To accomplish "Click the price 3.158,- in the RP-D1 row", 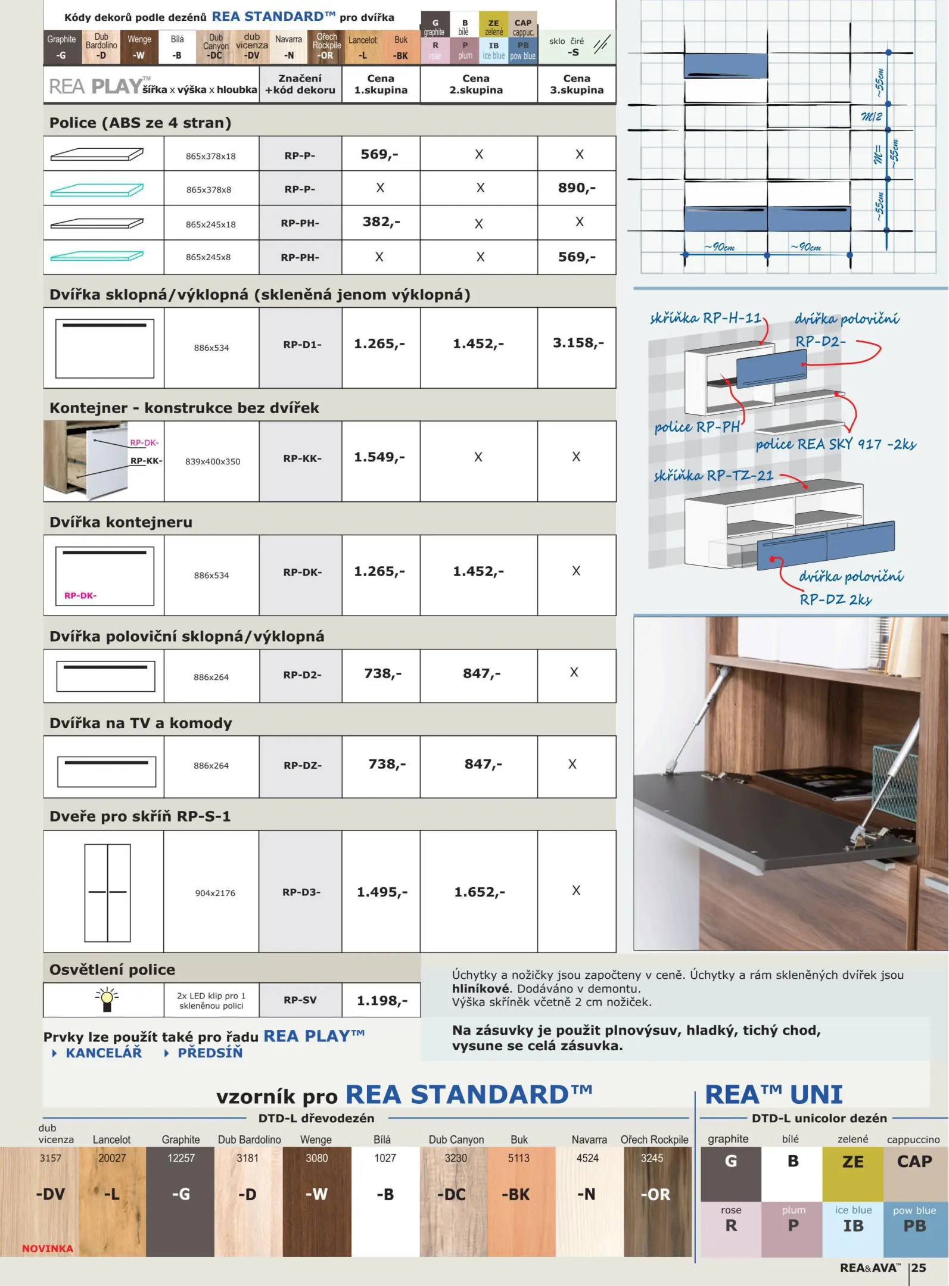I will pos(577,344).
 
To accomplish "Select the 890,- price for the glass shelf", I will pos(576,188).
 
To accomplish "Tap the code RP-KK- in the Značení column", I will pos(302,458).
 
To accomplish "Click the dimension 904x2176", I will pos(214,893).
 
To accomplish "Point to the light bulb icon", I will pos(107,1000).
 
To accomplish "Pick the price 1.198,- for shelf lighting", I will pos(382,1001).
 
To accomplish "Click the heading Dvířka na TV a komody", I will pos(141,723).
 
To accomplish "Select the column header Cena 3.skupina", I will pos(576,85).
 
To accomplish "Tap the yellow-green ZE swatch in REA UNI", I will pos(852,1173).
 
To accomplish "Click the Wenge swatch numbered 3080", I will pos(316,1197).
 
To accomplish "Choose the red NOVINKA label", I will pos(48,1248).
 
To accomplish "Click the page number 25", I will pos(919,1268).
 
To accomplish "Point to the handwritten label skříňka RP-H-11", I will pos(705,319).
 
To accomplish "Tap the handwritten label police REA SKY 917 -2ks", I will pos(835,445).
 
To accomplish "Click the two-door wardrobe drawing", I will pos(107,892).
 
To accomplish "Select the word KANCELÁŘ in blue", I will pos(104,1053).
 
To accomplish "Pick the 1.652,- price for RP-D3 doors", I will pos(479,892).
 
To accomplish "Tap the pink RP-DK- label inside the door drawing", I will pos(80,595).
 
